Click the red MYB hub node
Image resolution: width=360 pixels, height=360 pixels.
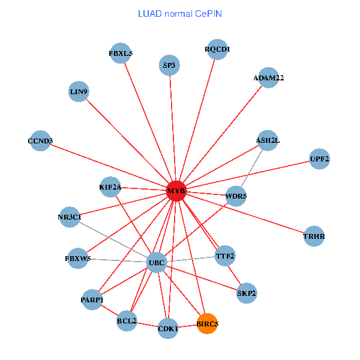[176, 191]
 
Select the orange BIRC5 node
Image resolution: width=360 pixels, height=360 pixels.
[207, 323]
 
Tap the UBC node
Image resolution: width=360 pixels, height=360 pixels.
[157, 262]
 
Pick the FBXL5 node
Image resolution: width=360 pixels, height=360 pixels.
[121, 53]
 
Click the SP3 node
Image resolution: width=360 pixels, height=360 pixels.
[169, 65]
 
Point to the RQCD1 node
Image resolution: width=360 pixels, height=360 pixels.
[217, 49]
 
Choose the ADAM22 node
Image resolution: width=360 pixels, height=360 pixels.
[269, 78]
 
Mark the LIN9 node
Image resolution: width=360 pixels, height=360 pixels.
[79, 92]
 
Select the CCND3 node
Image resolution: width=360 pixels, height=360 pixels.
[40, 141]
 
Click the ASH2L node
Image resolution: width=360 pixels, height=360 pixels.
[267, 140]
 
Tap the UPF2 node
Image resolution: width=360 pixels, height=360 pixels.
[319, 159]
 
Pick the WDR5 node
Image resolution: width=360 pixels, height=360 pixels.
[236, 196]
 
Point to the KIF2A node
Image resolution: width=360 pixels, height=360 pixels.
[110, 187]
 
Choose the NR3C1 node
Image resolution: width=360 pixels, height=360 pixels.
[70, 217]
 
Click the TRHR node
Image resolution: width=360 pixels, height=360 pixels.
[314, 236]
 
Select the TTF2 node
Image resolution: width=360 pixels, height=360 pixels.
[225, 256]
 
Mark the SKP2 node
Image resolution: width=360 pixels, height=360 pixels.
[247, 293]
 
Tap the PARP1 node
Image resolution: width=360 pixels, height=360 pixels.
[92, 299]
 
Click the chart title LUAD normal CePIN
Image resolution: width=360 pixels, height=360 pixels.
[180, 13]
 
